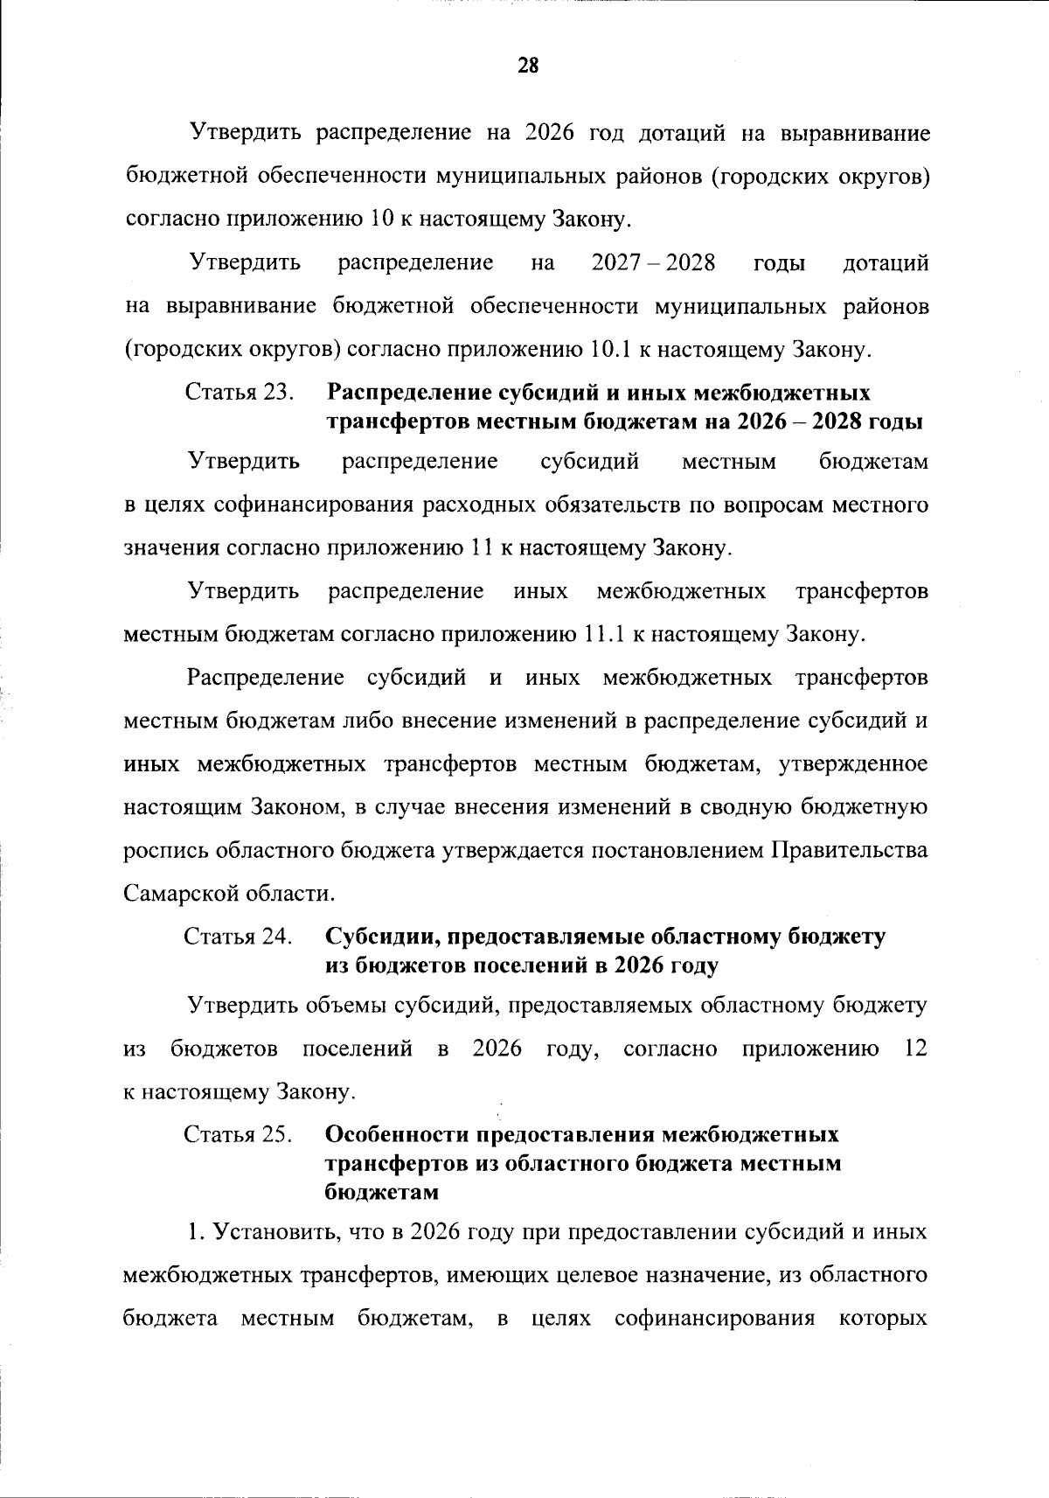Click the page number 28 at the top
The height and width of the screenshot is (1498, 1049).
coord(528,66)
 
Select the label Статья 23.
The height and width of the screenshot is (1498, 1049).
coord(238,393)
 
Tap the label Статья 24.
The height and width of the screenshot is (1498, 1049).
coord(237,937)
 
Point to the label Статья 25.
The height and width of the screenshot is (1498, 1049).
coord(237,1134)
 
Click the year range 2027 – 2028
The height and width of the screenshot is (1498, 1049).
coord(654,263)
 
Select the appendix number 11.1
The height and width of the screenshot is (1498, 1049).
coord(602,634)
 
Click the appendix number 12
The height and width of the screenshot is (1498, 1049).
coord(915,1049)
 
